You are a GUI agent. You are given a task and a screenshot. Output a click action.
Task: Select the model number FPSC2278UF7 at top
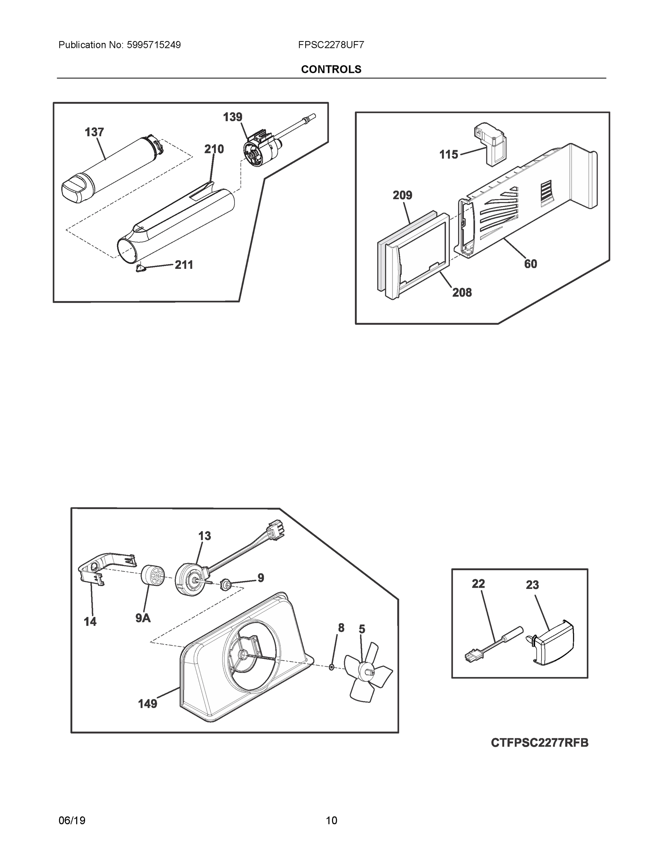coord(331,45)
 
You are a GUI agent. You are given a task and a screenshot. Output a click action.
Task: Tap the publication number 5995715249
coord(153,45)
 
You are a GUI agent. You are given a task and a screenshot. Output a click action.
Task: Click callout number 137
coord(94,132)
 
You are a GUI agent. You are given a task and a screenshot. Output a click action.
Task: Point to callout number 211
coord(184,265)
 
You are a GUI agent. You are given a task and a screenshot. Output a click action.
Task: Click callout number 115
coord(449,154)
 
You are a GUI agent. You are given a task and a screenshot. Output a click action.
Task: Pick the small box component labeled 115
coord(491,144)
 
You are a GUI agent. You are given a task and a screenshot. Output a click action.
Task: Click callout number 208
coord(462,292)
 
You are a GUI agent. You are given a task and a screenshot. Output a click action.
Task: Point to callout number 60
coord(530,263)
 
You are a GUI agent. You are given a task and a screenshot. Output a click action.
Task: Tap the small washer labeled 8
coord(331,667)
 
